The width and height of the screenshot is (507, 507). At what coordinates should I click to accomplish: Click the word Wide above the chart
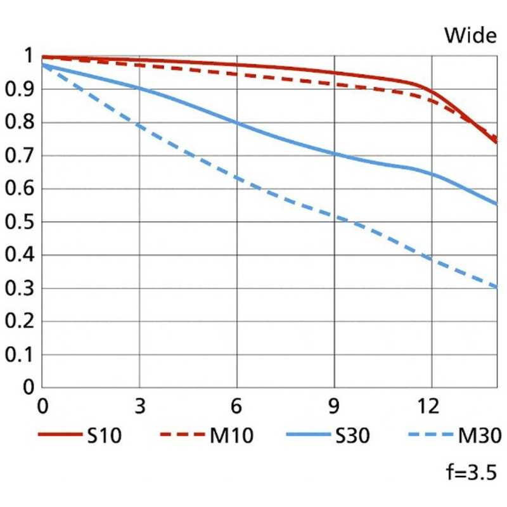(x=470, y=35)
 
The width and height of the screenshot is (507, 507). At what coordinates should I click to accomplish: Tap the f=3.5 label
(x=470, y=473)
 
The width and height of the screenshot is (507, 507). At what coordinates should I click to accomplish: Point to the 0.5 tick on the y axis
(x=19, y=222)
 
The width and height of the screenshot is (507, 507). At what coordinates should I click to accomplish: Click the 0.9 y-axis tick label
(x=19, y=90)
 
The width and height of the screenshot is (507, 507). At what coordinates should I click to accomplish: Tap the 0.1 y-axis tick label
(x=19, y=355)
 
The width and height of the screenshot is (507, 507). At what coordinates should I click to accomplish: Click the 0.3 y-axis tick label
(x=19, y=288)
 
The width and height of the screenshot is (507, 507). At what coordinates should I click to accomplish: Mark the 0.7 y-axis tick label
(x=19, y=156)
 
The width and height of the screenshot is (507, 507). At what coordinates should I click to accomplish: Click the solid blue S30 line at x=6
(x=237, y=123)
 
